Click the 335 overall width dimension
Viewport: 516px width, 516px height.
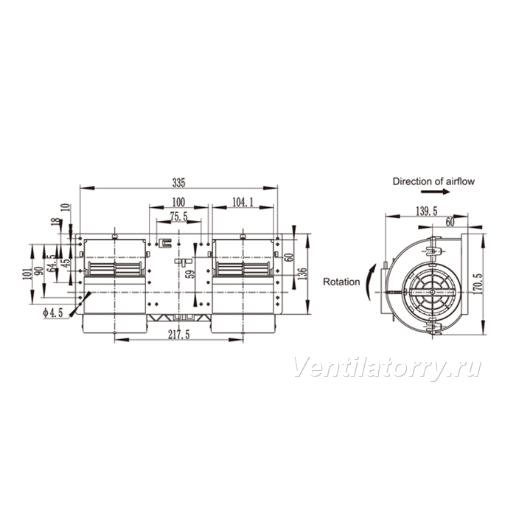click(x=178, y=183)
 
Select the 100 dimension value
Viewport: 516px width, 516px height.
click(x=178, y=202)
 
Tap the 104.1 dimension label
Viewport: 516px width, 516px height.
click(x=243, y=202)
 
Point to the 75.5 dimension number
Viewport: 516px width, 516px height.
click(x=178, y=216)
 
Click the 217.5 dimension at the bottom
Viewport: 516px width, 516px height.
click(x=179, y=335)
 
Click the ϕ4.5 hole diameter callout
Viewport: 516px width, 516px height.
click(x=52, y=313)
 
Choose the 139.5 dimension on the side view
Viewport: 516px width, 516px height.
click(x=427, y=212)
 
